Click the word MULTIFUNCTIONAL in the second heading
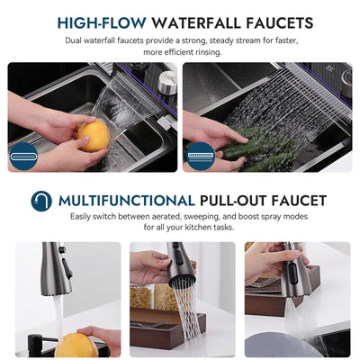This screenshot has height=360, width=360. click(126, 200)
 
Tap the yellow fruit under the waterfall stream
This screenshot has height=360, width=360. click(94, 137)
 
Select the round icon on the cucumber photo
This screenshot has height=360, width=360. click(201, 155)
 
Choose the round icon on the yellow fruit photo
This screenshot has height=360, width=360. click(24, 155)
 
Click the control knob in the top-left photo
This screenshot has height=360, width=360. click(166, 82)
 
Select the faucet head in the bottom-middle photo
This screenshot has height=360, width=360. click(179, 265)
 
